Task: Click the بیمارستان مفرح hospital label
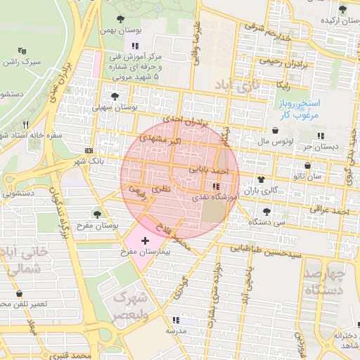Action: [x=147, y=251]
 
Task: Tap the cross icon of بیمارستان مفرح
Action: [x=146, y=240]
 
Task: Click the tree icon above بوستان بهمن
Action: [x=123, y=20]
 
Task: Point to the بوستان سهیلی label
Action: [x=115, y=108]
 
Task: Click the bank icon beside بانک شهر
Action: [x=89, y=150]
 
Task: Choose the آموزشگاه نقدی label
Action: [x=217, y=198]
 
